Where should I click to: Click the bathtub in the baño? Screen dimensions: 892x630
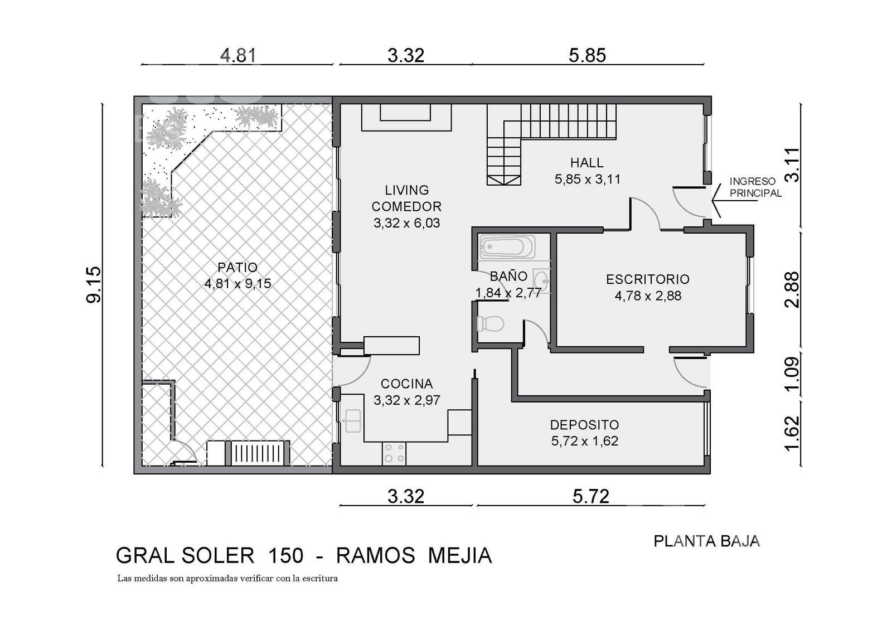507,247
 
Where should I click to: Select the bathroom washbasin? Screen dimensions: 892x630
541,280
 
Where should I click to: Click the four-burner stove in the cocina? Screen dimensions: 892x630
394,453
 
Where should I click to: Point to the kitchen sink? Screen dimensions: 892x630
352,420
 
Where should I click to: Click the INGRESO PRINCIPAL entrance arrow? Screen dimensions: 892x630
735,201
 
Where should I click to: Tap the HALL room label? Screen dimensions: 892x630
586,162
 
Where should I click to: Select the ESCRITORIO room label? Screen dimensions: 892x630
647,279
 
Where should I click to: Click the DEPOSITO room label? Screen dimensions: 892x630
584,425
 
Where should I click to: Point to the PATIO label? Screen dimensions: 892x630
237,267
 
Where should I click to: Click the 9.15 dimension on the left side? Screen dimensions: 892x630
94,285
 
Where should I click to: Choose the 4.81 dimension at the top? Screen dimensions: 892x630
238,55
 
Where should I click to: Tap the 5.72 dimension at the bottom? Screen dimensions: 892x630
591,497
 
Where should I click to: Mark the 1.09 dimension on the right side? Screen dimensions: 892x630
792,374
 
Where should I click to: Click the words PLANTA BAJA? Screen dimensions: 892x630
707,541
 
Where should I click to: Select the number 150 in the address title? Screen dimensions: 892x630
286,555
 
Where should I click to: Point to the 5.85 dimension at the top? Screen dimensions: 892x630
587,55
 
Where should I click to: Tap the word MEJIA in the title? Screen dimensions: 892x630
460,555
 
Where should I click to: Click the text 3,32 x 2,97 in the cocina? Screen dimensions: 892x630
406,400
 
